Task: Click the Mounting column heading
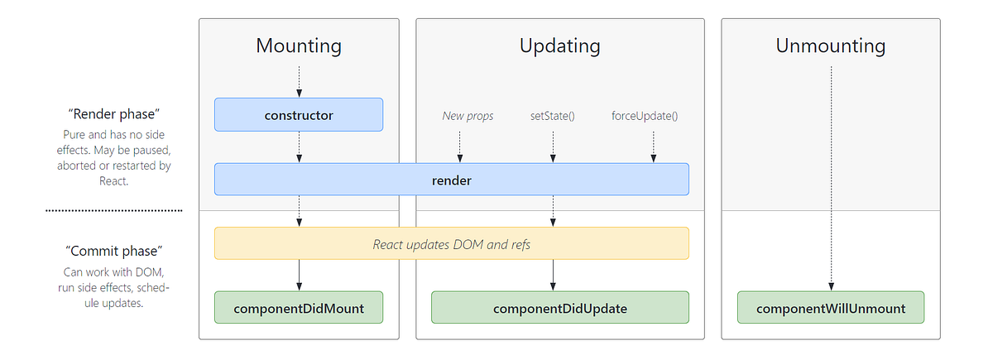pos(298,46)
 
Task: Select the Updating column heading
pos(559,46)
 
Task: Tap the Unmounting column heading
pos(830,46)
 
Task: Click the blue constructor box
pos(299,115)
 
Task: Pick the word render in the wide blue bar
pos(452,180)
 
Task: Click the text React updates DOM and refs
pos(452,244)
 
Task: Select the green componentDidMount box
pos(299,308)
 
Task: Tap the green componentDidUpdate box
pos(559,308)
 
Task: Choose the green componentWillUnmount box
pos(830,308)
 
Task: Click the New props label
pos(468,116)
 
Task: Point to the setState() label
pos(552,116)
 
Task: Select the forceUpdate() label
pos(645,116)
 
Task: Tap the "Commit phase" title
pos(113,250)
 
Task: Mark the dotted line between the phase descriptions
pos(113,211)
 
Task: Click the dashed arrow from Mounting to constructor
pos(299,81)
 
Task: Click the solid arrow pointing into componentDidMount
pos(299,276)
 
